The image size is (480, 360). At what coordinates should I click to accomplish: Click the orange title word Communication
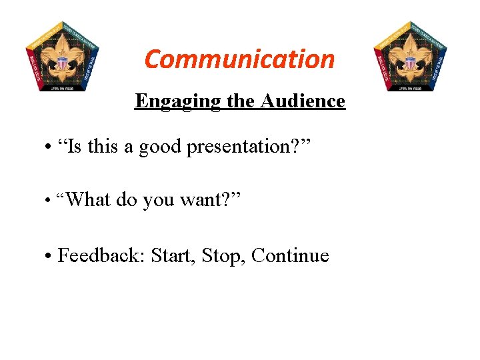239,59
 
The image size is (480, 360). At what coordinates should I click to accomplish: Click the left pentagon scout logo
63,56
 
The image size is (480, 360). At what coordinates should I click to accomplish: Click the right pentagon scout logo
409,56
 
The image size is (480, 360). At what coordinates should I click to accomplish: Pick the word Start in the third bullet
172,255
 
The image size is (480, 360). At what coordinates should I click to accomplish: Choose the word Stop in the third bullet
223,255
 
